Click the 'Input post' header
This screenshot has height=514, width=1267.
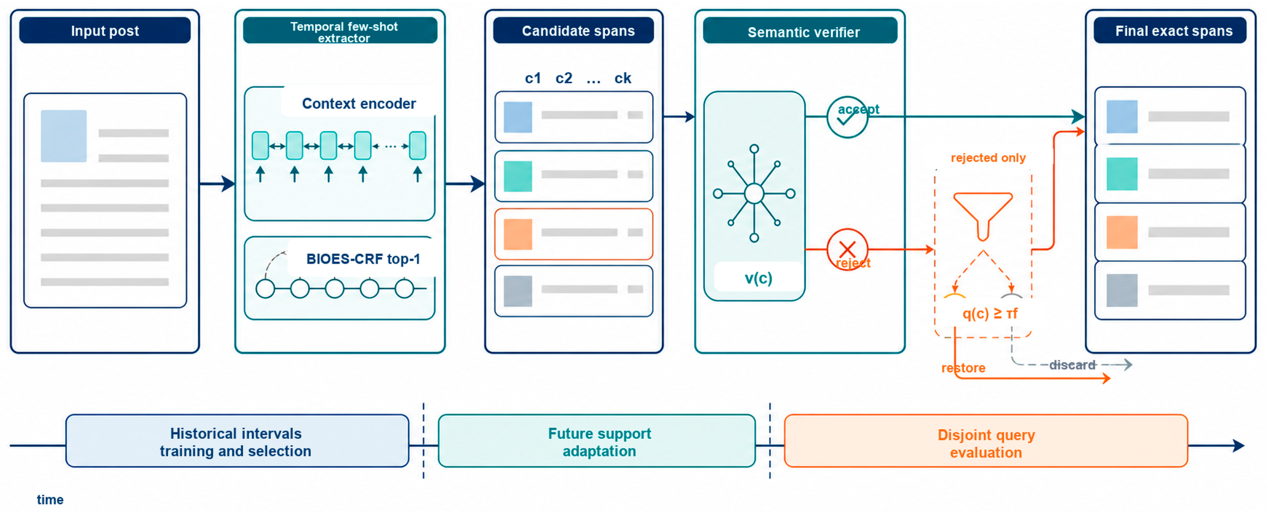click(105, 31)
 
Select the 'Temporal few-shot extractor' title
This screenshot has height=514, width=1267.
click(344, 32)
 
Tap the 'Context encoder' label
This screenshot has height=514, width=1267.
click(359, 103)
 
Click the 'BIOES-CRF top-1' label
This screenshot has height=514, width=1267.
click(363, 259)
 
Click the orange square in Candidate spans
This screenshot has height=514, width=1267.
click(518, 234)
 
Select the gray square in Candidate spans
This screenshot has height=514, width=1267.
click(518, 291)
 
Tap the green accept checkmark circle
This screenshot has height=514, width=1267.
click(847, 117)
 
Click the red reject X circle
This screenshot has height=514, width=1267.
click(847, 250)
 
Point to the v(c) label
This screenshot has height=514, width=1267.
click(758, 278)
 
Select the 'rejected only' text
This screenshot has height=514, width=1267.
click(988, 158)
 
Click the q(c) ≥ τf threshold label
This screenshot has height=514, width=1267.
click(990, 313)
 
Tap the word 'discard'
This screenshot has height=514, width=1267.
click(1072, 365)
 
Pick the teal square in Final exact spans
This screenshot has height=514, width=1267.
click(1122, 174)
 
